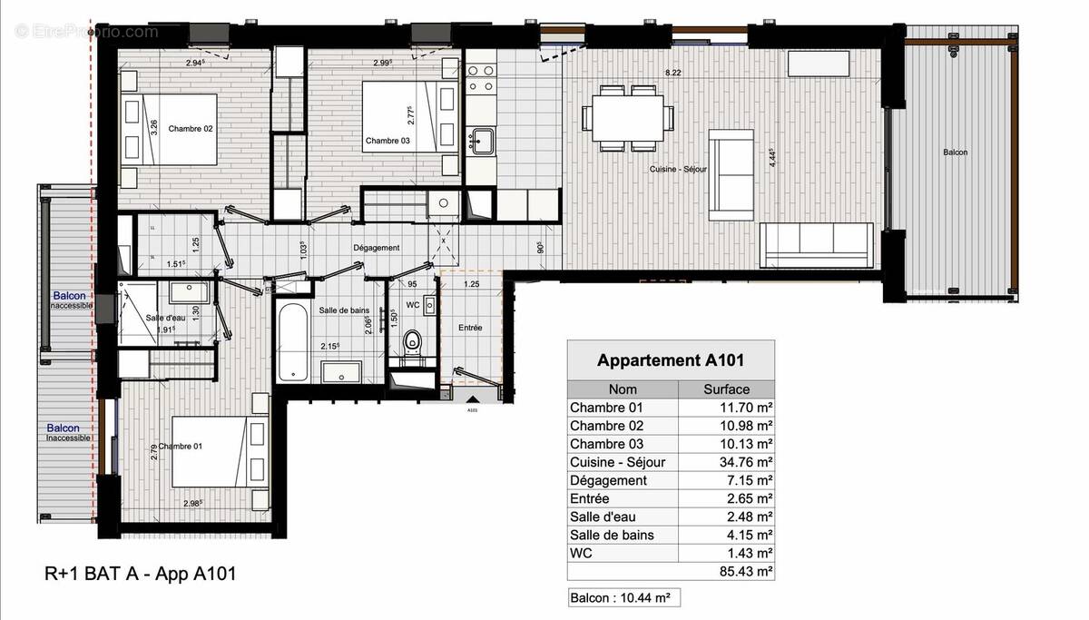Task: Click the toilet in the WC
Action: click(x=413, y=344)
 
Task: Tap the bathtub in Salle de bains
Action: click(x=292, y=342)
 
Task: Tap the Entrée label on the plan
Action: click(x=470, y=328)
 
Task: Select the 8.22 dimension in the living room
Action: click(x=672, y=72)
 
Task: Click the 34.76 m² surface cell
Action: click(x=726, y=462)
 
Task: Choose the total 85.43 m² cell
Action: click(x=726, y=571)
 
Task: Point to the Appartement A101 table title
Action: click(x=671, y=360)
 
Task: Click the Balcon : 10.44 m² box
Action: click(x=623, y=598)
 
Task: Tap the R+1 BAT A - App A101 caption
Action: click(x=141, y=574)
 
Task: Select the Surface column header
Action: click(x=726, y=389)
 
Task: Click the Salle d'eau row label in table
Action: click(x=603, y=517)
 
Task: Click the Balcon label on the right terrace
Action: click(x=955, y=153)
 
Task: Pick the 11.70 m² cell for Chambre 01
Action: click(x=726, y=408)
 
